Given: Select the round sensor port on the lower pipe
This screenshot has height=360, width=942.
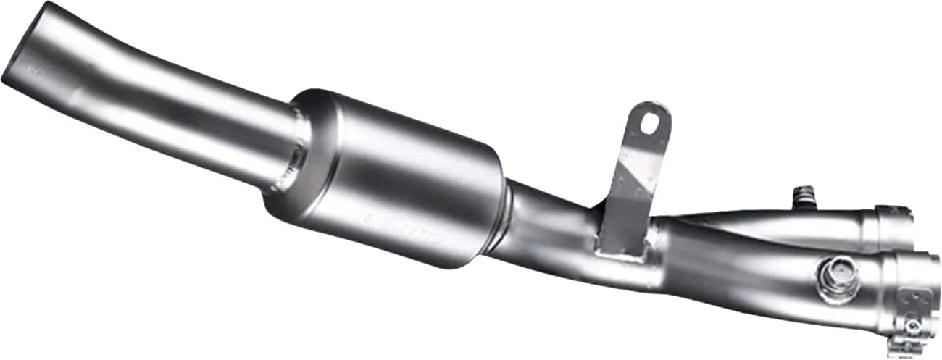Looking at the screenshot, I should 839,279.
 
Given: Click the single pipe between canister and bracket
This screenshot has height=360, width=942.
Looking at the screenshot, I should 551,225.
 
